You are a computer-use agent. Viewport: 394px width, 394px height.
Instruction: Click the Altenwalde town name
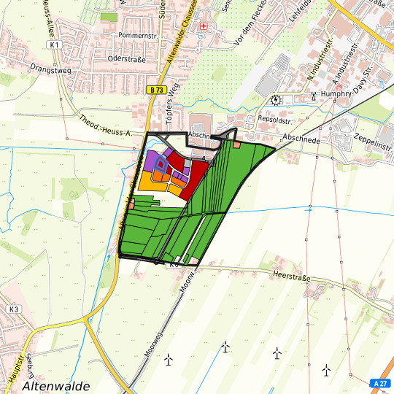56,385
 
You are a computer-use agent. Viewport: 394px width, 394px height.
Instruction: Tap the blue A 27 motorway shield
379,383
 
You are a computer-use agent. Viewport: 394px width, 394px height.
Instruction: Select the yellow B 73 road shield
153,90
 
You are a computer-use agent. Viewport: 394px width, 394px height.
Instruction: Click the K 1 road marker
54,45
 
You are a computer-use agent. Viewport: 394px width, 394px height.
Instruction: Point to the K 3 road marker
13,309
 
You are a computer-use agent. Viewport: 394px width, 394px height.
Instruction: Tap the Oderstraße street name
126,59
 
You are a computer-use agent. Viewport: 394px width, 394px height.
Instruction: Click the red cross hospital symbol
204,26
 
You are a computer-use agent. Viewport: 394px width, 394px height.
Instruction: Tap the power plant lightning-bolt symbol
275,100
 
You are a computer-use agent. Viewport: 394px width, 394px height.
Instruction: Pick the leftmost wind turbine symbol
169,359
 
